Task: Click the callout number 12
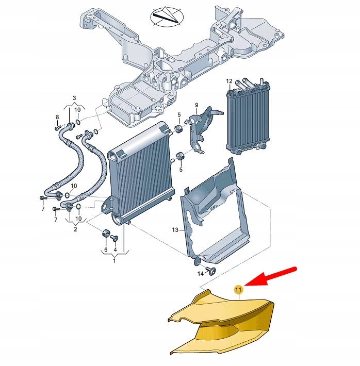pyautogui.click(x=229, y=81)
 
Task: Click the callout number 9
pyautogui.click(x=197, y=105)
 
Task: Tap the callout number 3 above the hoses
pyautogui.click(x=74, y=98)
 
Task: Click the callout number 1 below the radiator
pyautogui.click(x=115, y=261)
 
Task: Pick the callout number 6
pyautogui.click(x=106, y=249)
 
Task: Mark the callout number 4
pyautogui.click(x=115, y=249)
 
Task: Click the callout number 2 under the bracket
pyautogui.click(x=75, y=229)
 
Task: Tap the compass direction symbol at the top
pyautogui.click(x=166, y=16)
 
